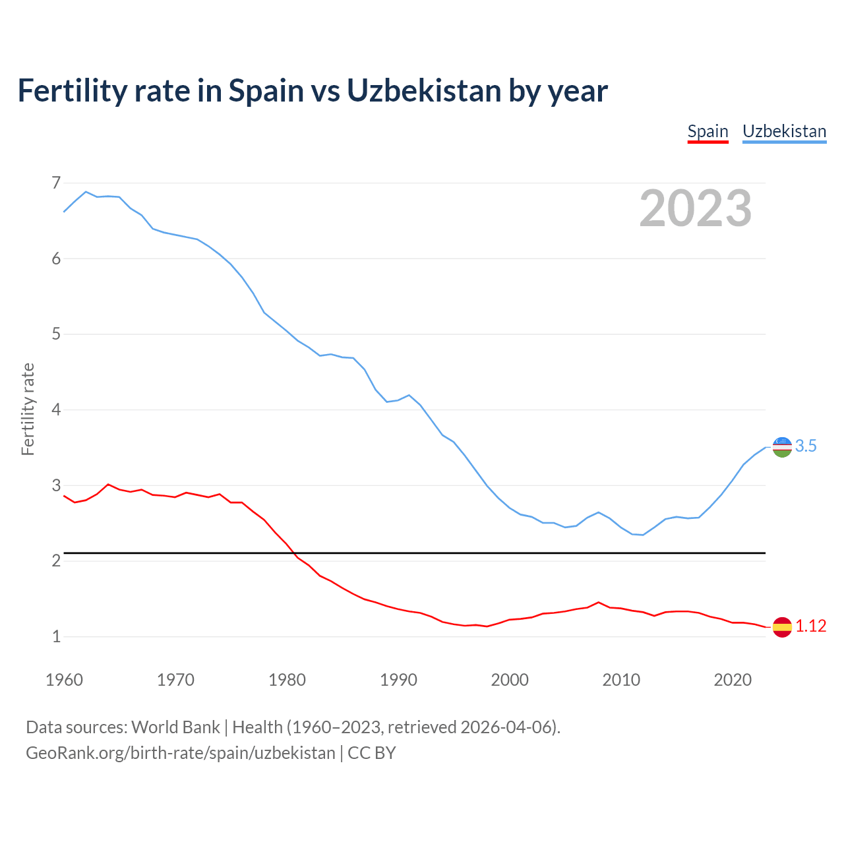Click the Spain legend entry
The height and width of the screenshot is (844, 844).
pos(708,131)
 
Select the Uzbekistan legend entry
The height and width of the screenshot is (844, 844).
pos(784,131)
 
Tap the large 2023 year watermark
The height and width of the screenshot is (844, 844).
pos(695,208)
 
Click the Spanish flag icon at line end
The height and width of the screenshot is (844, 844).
pos(782,626)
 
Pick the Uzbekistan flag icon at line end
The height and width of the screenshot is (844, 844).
pos(782,446)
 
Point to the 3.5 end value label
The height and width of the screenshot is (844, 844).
pos(806,446)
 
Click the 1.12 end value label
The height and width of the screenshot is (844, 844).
pos(810,626)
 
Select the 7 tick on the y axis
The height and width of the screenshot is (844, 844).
pos(56,183)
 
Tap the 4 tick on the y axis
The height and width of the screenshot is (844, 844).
pos(56,410)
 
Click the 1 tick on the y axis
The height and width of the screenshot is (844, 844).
pos(56,637)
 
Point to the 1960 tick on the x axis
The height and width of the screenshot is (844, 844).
pos(64,680)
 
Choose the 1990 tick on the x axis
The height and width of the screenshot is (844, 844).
pos(398,680)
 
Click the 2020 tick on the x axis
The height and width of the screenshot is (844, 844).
pos(733,680)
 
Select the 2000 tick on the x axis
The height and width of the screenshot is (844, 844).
pos(510,680)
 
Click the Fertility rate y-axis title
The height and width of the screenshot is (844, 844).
pos(28,409)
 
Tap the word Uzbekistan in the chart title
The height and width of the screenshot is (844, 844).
pos(424,91)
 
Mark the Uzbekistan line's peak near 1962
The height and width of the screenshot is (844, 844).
pos(86,192)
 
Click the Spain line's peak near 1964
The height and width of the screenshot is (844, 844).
pos(108,484)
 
